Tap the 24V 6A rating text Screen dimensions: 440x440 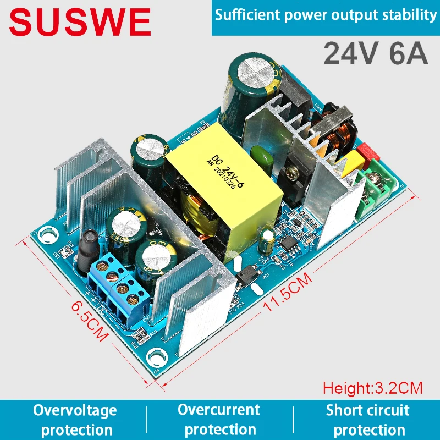pyautogui.click(x=376, y=53)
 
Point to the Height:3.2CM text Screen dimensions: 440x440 pyautogui.click(x=372, y=388)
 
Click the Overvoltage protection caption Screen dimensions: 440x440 pyautogui.click(x=75, y=420)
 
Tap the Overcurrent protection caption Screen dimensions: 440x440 pyautogui.click(x=218, y=419)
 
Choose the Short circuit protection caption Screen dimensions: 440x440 pyautogui.click(x=367, y=420)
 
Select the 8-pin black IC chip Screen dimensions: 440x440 pyautogui.click(x=288, y=245)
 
